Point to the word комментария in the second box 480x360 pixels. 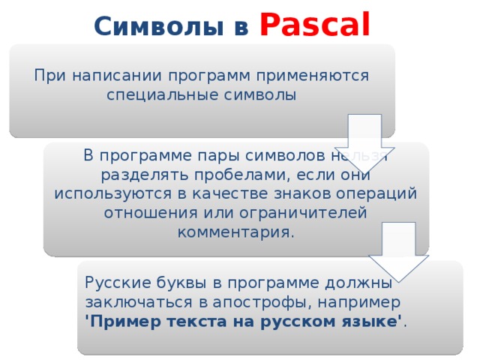click(x=234, y=232)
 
